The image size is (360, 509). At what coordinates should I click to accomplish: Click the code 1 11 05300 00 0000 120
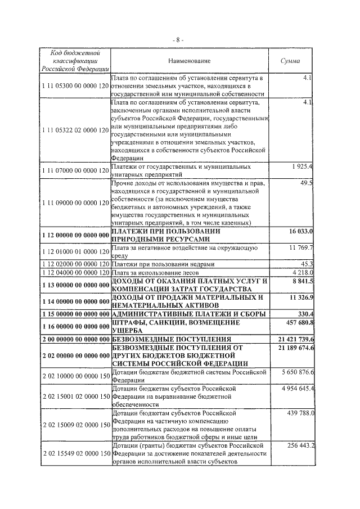(74, 86)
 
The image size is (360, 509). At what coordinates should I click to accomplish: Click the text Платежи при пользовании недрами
(163, 264)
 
